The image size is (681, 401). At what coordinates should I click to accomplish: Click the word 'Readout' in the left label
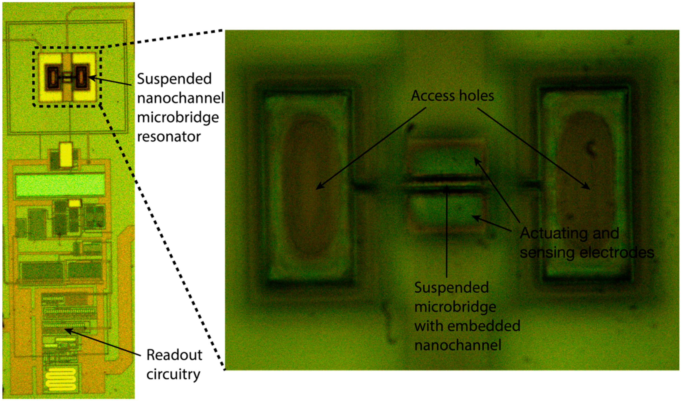pos(174,355)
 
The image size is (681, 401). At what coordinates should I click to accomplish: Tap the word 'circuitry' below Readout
pos(173,374)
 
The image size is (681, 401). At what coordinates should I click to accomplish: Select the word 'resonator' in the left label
pos(169,137)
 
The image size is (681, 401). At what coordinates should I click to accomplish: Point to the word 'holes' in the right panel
pos(476,96)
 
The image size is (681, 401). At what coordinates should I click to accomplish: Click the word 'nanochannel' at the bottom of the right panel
pos(458,345)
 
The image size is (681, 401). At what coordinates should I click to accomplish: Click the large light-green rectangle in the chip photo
pos(60,185)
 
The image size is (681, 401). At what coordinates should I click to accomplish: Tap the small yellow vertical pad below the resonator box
pos(66,154)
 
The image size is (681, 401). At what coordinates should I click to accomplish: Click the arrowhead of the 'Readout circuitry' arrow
pos(67,330)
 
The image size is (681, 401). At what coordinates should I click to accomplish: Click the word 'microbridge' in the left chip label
pos(178,117)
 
